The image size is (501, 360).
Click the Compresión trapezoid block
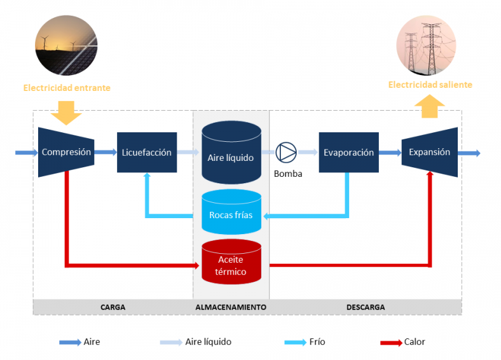(66, 152)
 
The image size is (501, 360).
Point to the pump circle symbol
(286, 152)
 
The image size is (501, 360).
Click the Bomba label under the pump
(288, 173)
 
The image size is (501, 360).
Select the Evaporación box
(348, 152)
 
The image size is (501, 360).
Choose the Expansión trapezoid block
(430, 152)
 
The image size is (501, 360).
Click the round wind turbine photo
(66, 45)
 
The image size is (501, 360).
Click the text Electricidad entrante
(67, 88)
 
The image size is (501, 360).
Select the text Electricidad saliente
(430, 85)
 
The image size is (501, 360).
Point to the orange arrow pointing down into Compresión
(66, 112)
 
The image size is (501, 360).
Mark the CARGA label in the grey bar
(113, 307)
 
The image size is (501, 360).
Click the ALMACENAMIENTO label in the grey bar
(231, 307)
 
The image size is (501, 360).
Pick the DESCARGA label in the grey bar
(366, 307)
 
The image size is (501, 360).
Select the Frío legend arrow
(296, 342)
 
